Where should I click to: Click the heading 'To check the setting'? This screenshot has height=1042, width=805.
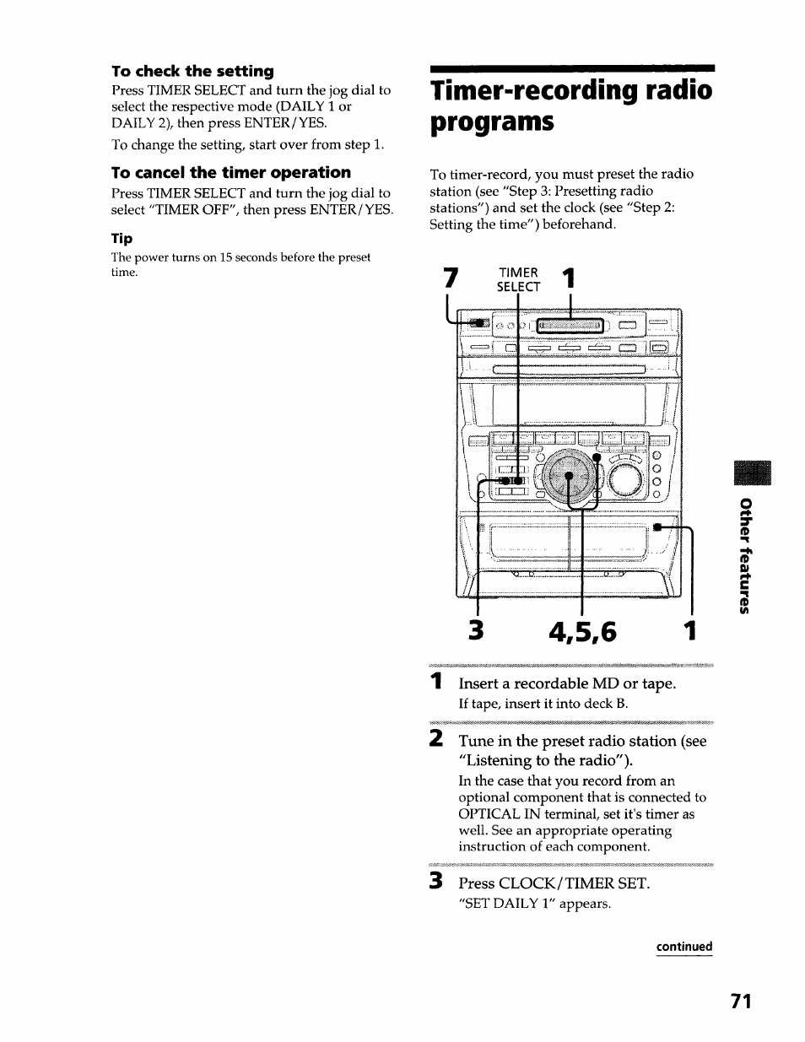(193, 71)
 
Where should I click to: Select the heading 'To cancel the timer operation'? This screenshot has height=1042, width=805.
(231, 172)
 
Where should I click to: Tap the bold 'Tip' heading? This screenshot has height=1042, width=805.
(122, 239)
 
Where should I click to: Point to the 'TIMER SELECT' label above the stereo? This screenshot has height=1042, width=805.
(518, 279)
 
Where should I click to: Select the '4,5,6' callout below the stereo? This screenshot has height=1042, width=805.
(583, 631)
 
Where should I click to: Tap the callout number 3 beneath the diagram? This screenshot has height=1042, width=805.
(478, 631)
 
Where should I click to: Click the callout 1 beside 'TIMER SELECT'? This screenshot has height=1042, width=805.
(570, 278)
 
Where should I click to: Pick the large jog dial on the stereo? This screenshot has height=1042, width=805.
(570, 478)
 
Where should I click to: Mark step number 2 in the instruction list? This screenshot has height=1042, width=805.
(435, 740)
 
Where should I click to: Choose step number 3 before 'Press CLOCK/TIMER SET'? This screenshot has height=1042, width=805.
(435, 883)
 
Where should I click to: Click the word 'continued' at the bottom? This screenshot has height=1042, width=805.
(684, 947)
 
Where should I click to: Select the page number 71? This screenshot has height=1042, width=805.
(740, 1001)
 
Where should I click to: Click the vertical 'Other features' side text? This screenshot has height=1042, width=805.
(743, 557)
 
